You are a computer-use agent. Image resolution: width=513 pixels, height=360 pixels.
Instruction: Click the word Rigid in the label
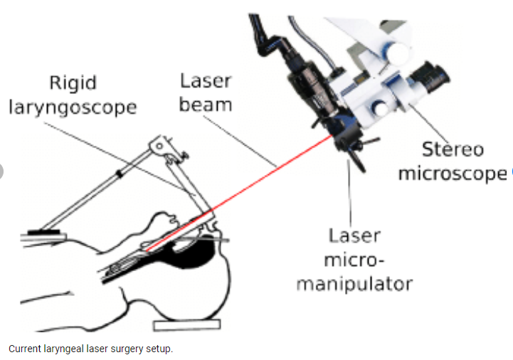pyautogui.click(x=73, y=83)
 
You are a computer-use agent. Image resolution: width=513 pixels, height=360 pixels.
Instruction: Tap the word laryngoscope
pyautogui.click(x=73, y=108)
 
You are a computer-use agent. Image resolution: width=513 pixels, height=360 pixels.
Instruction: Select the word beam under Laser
pyautogui.click(x=206, y=105)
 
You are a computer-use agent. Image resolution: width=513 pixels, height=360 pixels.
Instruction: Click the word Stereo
pyautogui.click(x=453, y=149)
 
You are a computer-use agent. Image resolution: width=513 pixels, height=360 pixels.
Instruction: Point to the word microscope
pyautogui.click(x=453, y=174)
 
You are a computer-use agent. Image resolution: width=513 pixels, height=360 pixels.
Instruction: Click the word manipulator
pyautogui.click(x=354, y=284)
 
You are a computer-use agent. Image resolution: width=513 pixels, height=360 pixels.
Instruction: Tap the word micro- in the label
pyautogui.click(x=354, y=260)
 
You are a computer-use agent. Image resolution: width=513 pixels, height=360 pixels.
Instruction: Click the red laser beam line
pyautogui.click(x=239, y=193)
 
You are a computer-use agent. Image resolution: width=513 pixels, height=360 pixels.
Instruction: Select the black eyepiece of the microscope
pyautogui.click(x=429, y=77)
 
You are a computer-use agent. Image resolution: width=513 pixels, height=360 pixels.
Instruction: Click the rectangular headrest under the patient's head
pyautogui.click(x=187, y=325)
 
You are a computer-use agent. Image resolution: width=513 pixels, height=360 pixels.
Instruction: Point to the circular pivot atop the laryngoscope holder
pyautogui.click(x=159, y=145)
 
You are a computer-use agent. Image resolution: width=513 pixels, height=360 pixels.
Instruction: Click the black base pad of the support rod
pyautogui.click(x=44, y=232)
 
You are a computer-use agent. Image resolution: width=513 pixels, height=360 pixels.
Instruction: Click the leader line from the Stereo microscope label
pyautogui.click(x=428, y=123)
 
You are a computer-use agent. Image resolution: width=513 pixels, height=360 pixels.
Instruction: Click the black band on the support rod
pyautogui.click(x=120, y=174)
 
